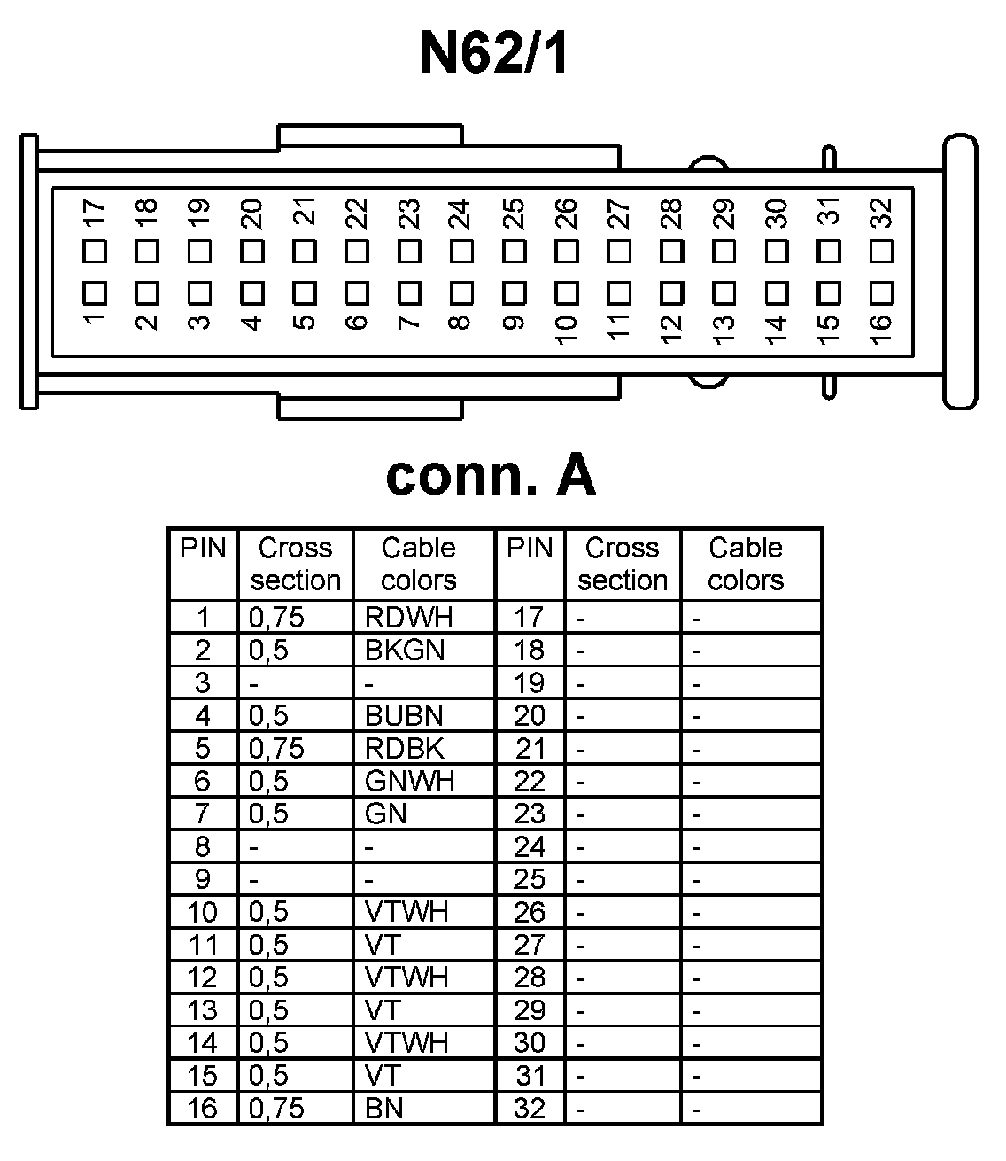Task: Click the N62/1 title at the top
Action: [x=493, y=53]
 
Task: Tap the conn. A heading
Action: [x=491, y=476]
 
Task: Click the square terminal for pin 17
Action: [x=95, y=251]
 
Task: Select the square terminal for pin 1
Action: [x=95, y=292]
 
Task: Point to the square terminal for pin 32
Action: [x=881, y=251]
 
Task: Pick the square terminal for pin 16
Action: [x=881, y=292]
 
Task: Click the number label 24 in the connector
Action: [x=460, y=214]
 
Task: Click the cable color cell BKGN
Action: [x=405, y=650]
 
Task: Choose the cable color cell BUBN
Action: [x=404, y=715]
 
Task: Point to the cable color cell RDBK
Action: [x=404, y=748]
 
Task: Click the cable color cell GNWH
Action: [x=409, y=781]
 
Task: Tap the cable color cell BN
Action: [x=384, y=1108]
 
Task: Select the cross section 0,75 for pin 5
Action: [x=276, y=748]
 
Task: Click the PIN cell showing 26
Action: [x=530, y=912]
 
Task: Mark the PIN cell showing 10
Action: [x=203, y=912]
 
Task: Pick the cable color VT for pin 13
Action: [x=383, y=1009]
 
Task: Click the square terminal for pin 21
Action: [x=305, y=251]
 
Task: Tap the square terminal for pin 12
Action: [x=671, y=292]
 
